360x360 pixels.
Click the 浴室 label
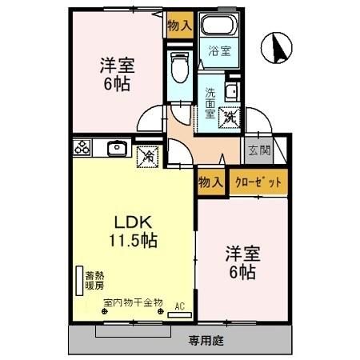pyautogui.click(x=219, y=51)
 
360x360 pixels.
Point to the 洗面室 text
pyautogui.click(x=210, y=102)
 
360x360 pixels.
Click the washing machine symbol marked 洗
pyautogui.click(x=229, y=116)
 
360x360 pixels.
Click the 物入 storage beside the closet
pyautogui.click(x=210, y=182)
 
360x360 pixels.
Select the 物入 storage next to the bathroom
pyautogui.click(x=179, y=25)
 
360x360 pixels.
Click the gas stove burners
pyautogui.click(x=83, y=147)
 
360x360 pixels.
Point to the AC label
pyautogui.click(x=179, y=305)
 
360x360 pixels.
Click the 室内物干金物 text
pyautogui.click(x=133, y=303)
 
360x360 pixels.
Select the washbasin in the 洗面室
pyautogui.click(x=230, y=89)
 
